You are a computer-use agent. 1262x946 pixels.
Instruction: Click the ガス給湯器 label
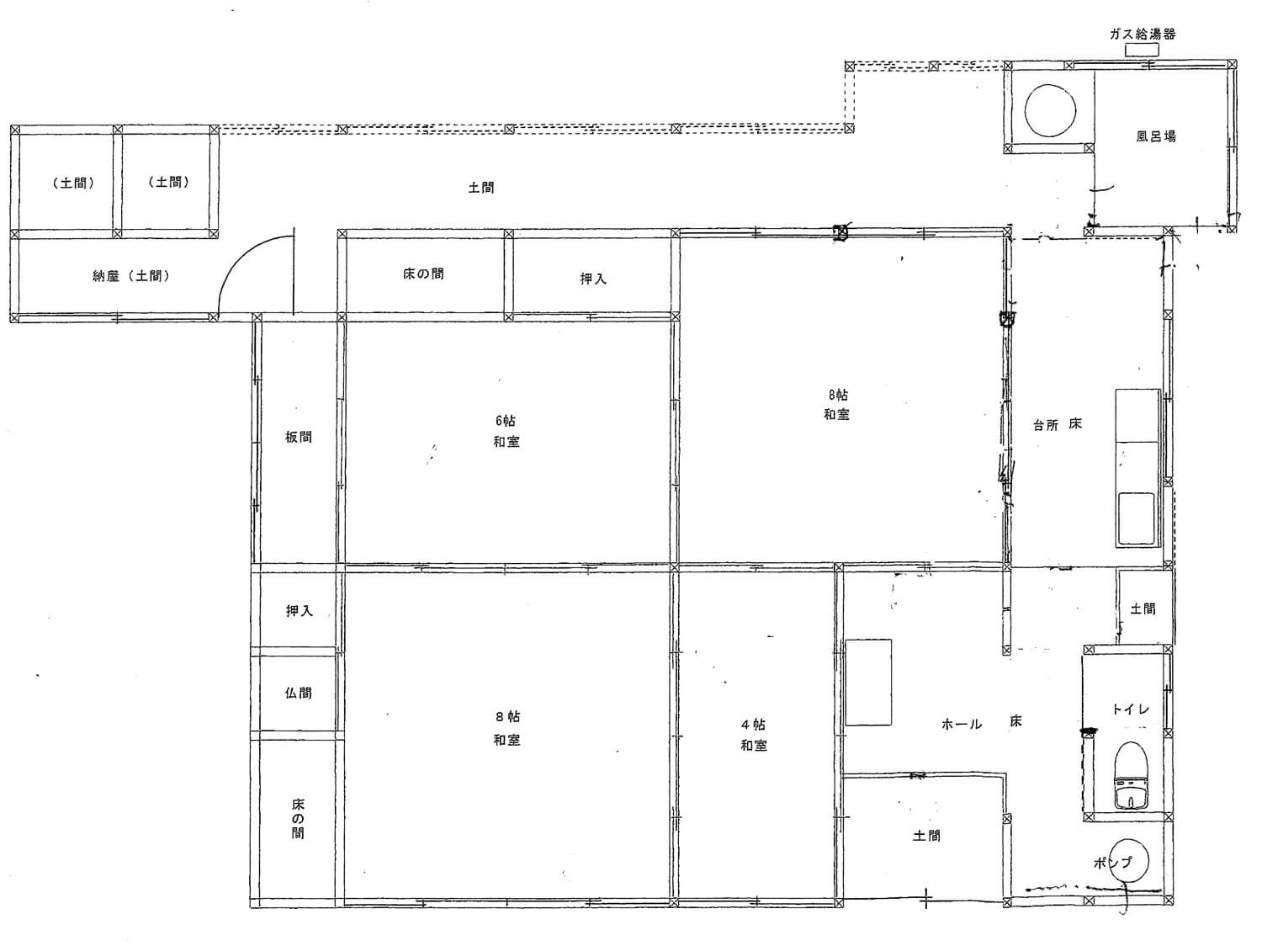pos(1142,35)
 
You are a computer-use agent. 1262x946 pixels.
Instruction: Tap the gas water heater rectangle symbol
pos(1141,50)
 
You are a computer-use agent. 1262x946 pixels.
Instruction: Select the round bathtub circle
pos(1050,110)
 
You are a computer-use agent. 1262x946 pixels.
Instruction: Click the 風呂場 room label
pos(1156,136)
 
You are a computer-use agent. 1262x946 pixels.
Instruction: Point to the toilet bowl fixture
pos(1131,774)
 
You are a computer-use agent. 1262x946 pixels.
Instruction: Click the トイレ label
pos(1131,709)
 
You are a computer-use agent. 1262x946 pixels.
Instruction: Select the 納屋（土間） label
pos(131,276)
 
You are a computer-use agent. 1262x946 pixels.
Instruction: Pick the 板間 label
pos(299,437)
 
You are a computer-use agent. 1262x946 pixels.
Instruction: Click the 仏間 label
pos(299,693)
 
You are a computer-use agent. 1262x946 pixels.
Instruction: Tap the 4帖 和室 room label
pos(754,735)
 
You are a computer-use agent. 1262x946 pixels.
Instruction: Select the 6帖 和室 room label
pos(506,431)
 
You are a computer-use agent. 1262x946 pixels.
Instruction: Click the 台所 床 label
pos(1058,424)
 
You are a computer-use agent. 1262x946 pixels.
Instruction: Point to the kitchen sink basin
pos(1136,518)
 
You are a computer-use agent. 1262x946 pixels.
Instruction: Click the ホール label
pos(961,725)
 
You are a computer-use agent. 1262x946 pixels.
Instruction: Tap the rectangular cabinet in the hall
pos(868,682)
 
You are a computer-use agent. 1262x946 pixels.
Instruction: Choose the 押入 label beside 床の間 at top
pos(593,279)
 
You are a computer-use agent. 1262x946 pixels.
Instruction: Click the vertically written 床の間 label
pos(298,818)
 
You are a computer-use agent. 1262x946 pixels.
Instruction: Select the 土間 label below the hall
pos(926,836)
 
